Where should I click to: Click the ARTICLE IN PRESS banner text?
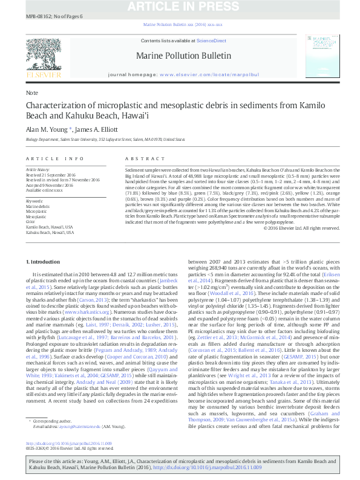click(x=180, y=7)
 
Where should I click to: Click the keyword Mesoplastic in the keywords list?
click(x=37, y=215)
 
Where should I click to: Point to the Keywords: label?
click(x=35, y=201)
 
